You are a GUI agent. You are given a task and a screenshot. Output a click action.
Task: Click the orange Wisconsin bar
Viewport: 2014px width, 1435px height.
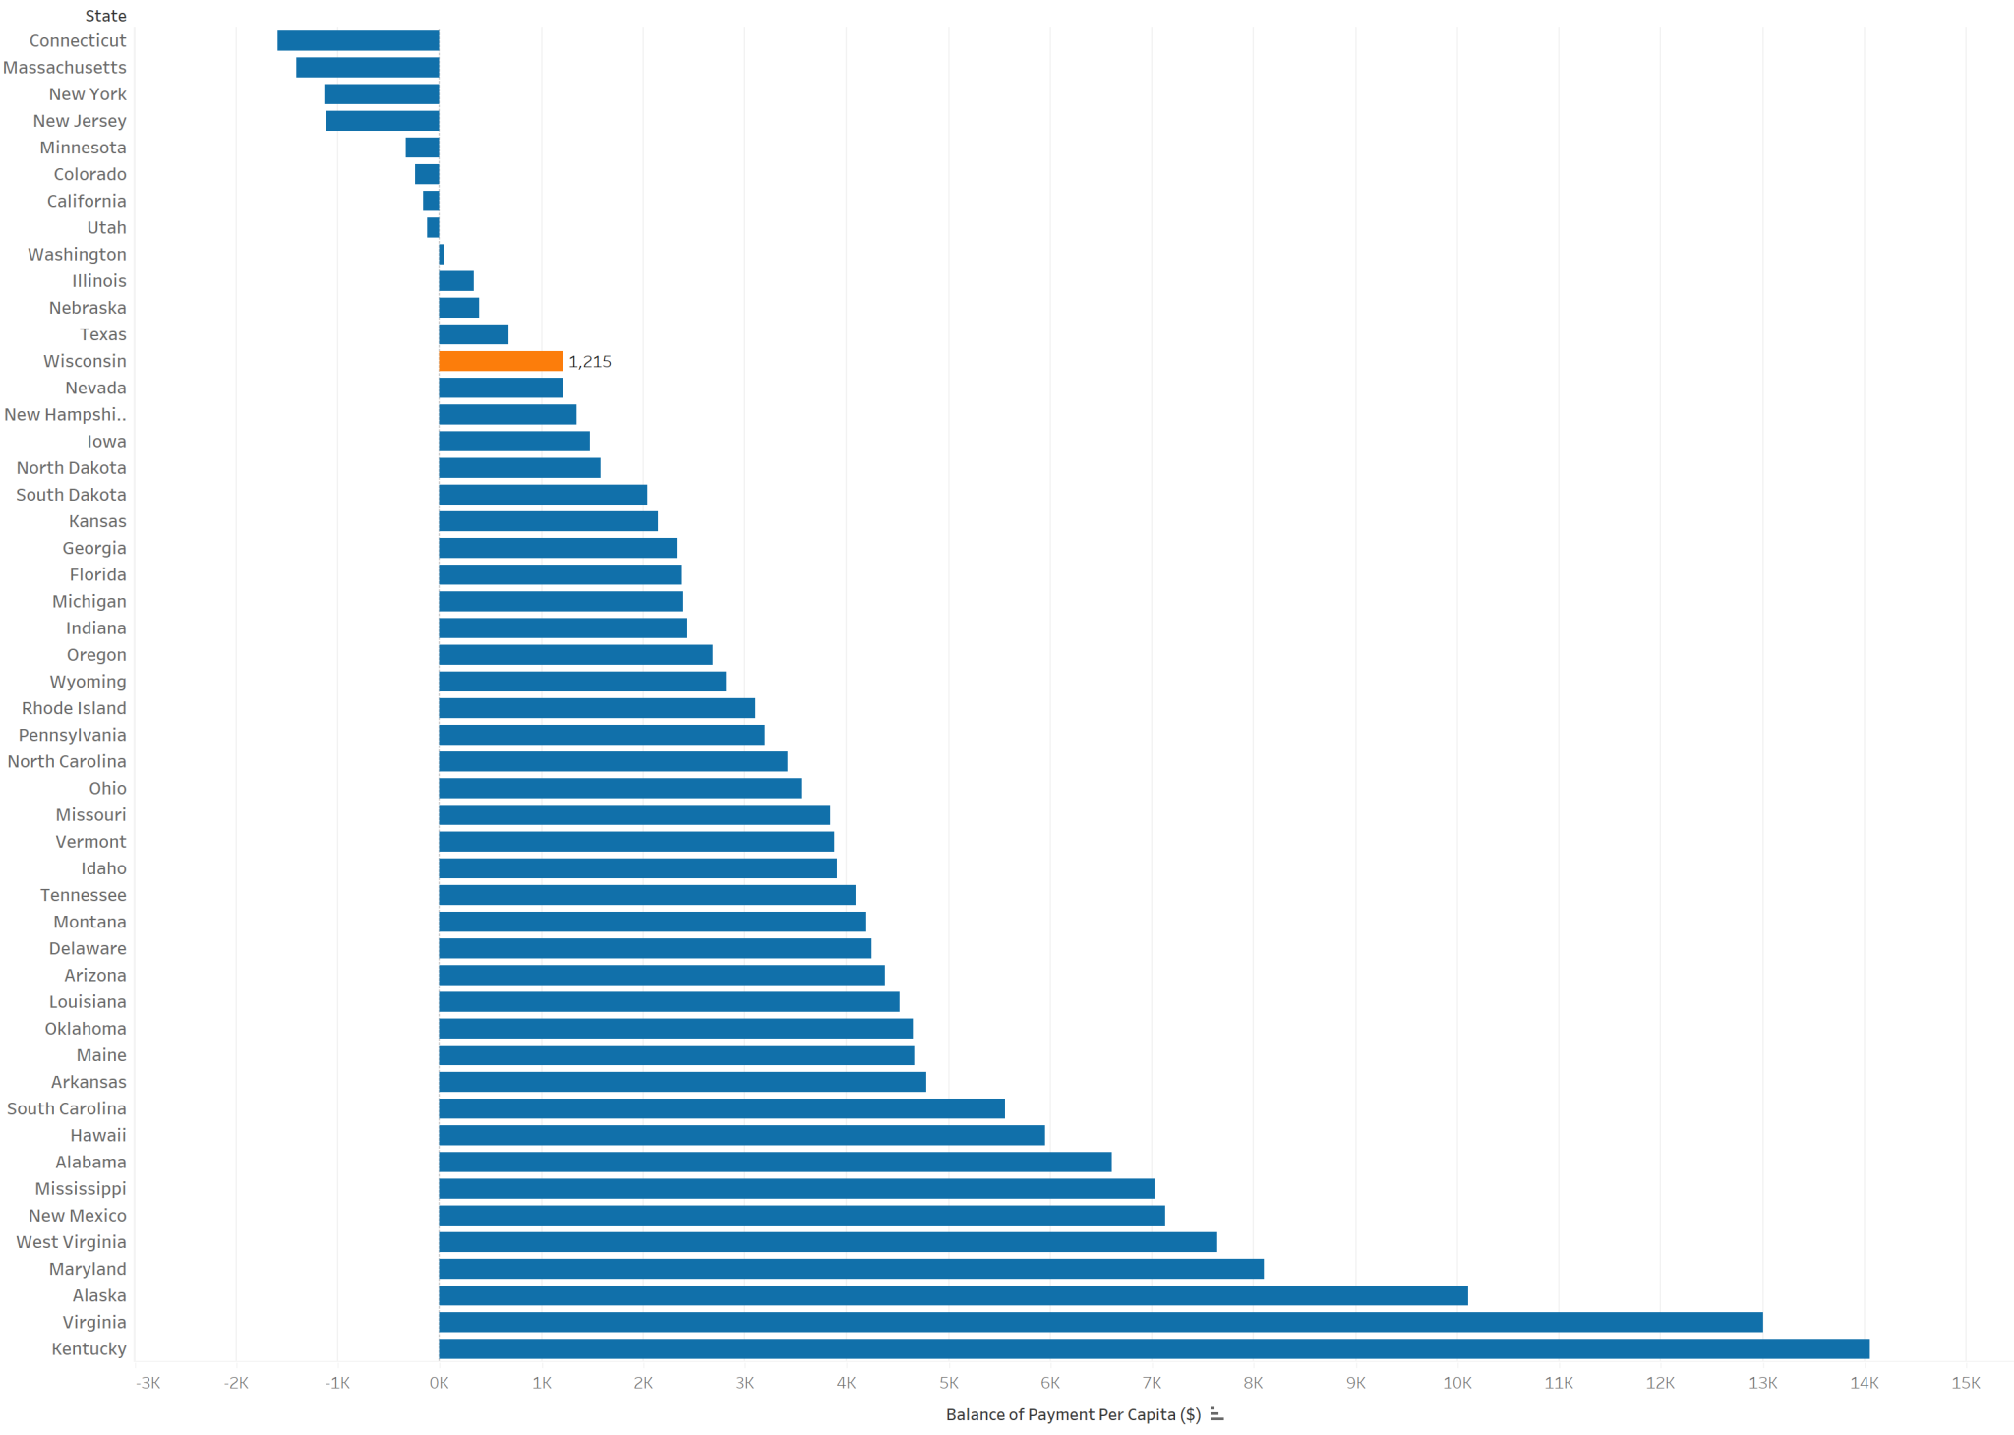point(501,361)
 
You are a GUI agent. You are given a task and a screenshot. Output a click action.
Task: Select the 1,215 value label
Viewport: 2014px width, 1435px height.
point(590,362)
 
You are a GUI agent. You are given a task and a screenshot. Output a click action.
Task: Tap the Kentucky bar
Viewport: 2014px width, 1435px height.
point(1154,1348)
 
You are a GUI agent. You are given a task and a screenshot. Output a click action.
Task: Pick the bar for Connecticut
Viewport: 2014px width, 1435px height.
point(358,40)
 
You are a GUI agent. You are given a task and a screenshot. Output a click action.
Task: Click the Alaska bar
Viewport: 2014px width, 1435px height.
point(953,1295)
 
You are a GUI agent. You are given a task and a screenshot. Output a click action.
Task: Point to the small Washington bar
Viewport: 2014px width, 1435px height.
point(442,254)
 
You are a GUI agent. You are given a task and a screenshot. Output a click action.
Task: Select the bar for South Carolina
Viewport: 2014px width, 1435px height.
point(722,1108)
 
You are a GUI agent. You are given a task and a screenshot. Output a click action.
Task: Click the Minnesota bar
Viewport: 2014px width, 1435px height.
point(422,148)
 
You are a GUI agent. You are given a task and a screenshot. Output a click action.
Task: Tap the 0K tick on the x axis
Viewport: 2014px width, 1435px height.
point(439,1383)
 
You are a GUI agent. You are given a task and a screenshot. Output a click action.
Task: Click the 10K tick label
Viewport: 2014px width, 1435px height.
point(1456,1383)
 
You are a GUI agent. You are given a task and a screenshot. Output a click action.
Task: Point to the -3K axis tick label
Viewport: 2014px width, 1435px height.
point(148,1383)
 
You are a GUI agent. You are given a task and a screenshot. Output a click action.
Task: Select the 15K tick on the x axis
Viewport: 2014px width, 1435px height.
point(1965,1383)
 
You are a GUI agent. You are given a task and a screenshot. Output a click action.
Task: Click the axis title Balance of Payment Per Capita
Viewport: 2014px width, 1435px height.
point(1073,1414)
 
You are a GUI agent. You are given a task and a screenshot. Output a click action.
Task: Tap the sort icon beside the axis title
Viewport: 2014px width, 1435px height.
point(1216,1414)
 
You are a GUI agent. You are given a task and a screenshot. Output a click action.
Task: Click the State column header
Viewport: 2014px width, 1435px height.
point(105,16)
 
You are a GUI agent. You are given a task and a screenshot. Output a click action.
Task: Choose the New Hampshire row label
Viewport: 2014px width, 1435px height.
point(65,414)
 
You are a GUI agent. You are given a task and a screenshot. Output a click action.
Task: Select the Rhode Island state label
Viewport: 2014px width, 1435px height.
point(74,708)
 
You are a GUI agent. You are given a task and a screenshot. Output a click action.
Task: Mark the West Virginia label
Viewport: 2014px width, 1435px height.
point(71,1242)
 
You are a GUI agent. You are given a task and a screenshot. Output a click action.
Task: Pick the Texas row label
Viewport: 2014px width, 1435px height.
point(102,334)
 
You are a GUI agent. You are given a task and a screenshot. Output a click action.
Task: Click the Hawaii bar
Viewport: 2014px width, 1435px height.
point(741,1135)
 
